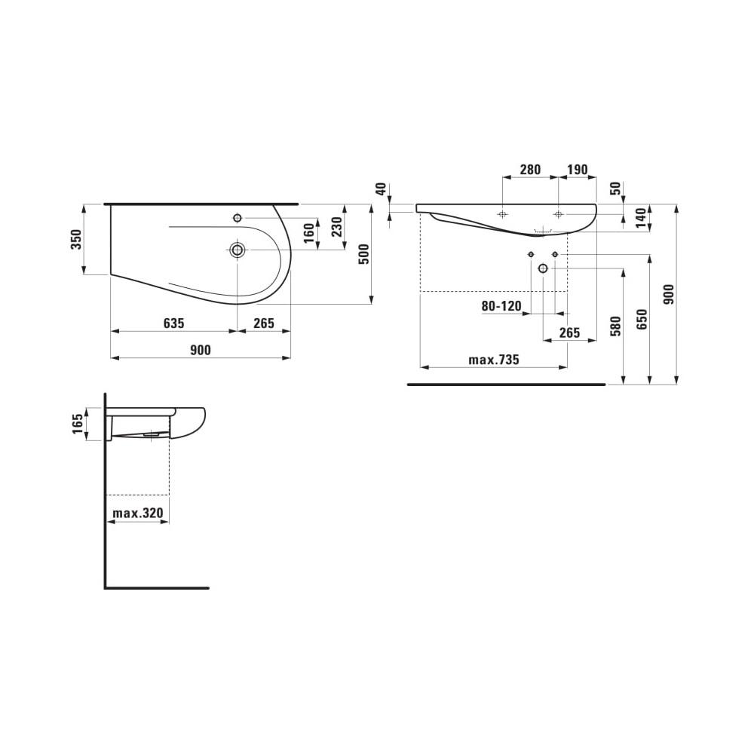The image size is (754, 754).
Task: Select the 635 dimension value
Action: pyautogui.click(x=173, y=323)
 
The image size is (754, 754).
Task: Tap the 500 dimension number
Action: pyautogui.click(x=364, y=255)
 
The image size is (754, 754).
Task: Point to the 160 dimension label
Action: pyautogui.click(x=309, y=232)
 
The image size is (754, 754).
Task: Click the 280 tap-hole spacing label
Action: pyautogui.click(x=530, y=170)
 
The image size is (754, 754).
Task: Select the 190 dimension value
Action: pyautogui.click(x=577, y=170)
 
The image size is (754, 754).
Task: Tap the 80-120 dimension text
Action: pyautogui.click(x=502, y=306)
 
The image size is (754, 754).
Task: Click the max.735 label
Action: pyautogui.click(x=494, y=360)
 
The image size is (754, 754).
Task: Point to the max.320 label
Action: pyautogui.click(x=138, y=514)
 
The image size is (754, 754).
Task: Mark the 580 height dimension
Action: pyautogui.click(x=615, y=326)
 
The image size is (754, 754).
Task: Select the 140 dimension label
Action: pyautogui.click(x=641, y=218)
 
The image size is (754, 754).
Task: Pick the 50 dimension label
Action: pyautogui.click(x=616, y=188)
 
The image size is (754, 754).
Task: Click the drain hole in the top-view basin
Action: pyautogui.click(x=238, y=250)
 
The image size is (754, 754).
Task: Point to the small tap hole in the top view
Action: pyautogui.click(x=238, y=218)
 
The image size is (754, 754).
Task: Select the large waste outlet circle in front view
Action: pyautogui.click(x=543, y=268)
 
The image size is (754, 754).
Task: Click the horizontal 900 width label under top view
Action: pyautogui.click(x=200, y=350)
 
